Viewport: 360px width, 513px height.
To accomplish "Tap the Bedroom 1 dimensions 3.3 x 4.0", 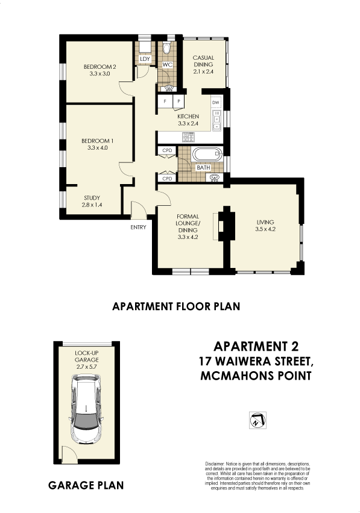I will [97, 147].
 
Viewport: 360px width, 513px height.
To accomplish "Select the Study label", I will [92, 198].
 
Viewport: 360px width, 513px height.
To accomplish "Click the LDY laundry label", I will [145, 59].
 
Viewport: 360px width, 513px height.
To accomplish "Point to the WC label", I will [168, 64].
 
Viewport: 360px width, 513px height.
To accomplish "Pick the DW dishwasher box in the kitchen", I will [216, 103].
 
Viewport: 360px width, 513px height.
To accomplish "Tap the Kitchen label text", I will [188, 116].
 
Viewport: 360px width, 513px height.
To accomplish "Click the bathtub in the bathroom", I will [207, 156].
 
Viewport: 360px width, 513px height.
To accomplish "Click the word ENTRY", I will [137, 228].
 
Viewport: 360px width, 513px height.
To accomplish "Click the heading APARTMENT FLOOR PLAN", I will [176, 307].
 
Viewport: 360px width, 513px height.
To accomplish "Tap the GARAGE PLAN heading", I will [86, 485].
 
